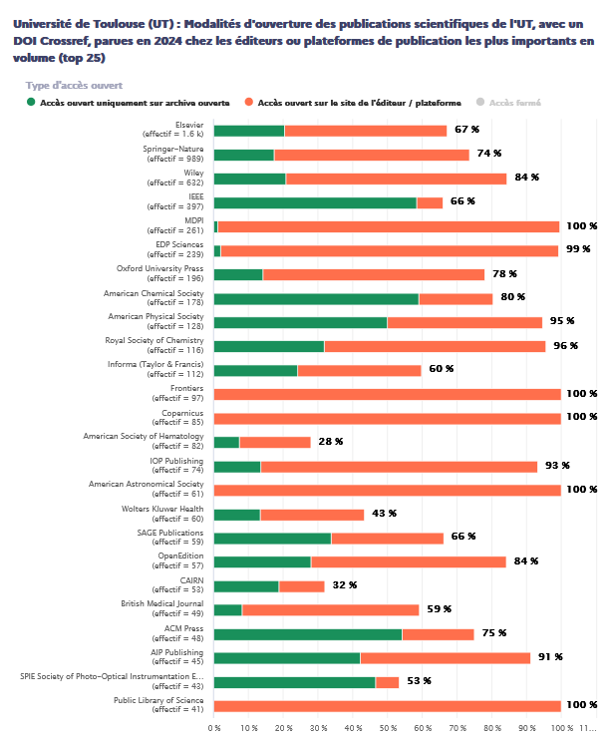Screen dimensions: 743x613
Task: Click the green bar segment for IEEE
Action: pyautogui.click(x=315, y=202)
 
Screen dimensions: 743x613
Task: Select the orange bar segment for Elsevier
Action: pyautogui.click(x=365, y=131)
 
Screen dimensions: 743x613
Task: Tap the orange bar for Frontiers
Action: pyautogui.click(x=387, y=394)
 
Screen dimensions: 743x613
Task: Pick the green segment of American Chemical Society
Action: pyautogui.click(x=316, y=298)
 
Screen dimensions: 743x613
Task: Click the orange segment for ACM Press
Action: pyautogui.click(x=438, y=633)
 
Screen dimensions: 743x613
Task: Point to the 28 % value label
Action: pyautogui.click(x=330, y=442)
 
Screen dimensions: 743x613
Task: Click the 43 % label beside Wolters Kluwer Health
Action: pyautogui.click(x=384, y=514)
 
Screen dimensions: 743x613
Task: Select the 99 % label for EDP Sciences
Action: pyautogui.click(x=578, y=249)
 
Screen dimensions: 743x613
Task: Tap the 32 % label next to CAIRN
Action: pyautogui.click(x=344, y=585)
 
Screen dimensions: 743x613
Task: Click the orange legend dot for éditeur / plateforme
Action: pyautogui.click(x=249, y=102)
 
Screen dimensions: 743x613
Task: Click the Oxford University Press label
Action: pyautogui.click(x=160, y=269)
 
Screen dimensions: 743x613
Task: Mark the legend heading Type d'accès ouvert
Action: pyautogui.click(x=74, y=85)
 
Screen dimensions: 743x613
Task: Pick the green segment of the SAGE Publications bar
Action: pyautogui.click(x=272, y=538)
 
